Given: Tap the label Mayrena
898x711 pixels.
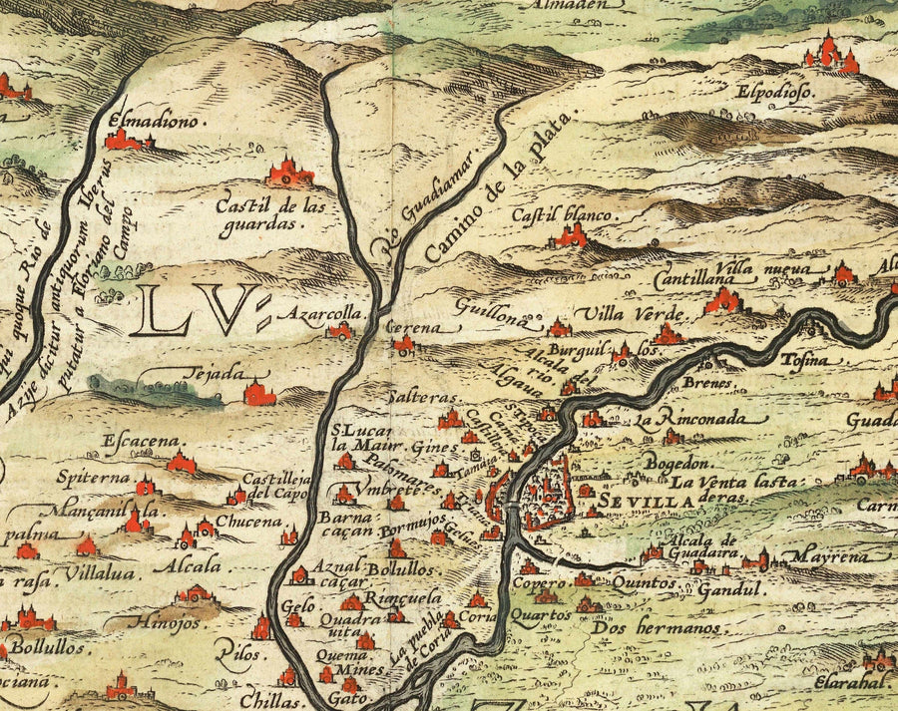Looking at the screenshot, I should [x=825, y=556].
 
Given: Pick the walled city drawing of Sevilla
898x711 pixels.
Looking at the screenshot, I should [x=531, y=493].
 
